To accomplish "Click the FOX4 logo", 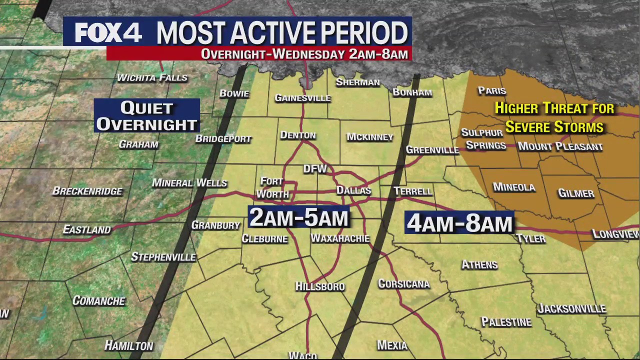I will click(108, 32).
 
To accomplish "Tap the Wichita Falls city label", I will click(152, 77).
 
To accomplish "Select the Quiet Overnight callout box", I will click(147, 115).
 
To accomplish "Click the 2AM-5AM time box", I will click(298, 217).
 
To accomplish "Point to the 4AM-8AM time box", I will click(459, 223).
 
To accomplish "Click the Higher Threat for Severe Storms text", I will click(554, 117).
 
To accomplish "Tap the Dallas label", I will click(353, 190).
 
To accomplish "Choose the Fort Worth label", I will click(272, 187).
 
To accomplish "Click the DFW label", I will click(315, 169).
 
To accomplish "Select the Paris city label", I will click(492, 90).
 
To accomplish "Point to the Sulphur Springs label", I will click(483, 139).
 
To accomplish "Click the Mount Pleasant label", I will click(560, 146).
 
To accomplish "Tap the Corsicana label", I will click(404, 284).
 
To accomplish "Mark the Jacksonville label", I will click(571, 308).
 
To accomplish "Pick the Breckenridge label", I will click(87, 191).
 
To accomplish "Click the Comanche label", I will click(99, 300).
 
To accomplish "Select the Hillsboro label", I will click(320, 286).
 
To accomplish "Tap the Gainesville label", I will click(302, 98).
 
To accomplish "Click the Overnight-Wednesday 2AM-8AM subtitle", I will click(304, 54).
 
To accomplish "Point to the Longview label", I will click(615, 234).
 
